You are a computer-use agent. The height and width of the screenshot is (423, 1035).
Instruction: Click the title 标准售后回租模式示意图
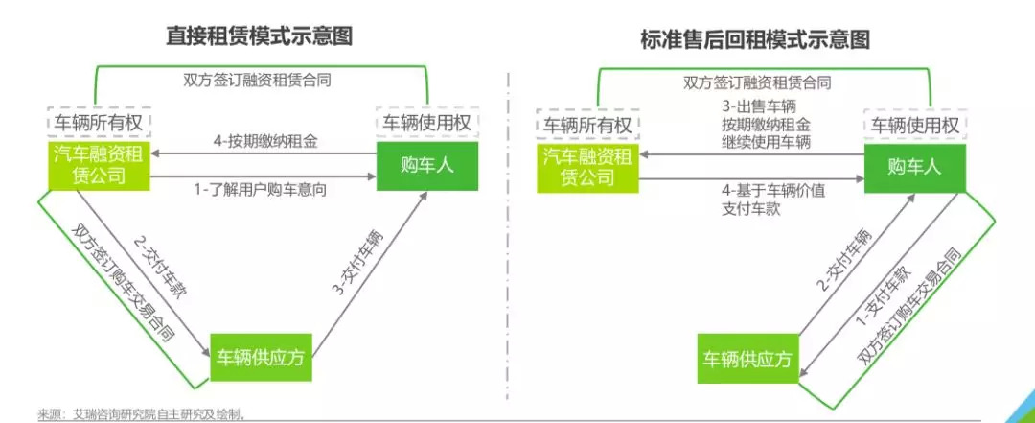point(756,39)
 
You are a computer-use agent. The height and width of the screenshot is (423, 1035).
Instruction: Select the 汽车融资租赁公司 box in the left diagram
point(101,164)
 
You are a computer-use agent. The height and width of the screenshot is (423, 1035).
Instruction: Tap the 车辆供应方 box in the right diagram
point(747,360)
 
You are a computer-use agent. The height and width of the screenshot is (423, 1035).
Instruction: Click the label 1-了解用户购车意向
point(262,190)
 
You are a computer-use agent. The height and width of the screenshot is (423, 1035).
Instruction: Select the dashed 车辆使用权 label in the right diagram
point(912,125)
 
